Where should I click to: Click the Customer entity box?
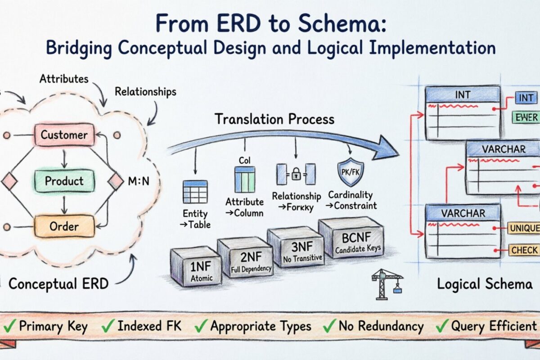click(64, 135)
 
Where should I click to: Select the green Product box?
click(64, 181)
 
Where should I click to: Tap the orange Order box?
click(64, 226)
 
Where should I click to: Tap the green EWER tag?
click(525, 117)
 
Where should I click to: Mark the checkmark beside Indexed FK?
click(108, 325)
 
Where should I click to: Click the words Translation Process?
click(274, 119)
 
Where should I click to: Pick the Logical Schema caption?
click(485, 284)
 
